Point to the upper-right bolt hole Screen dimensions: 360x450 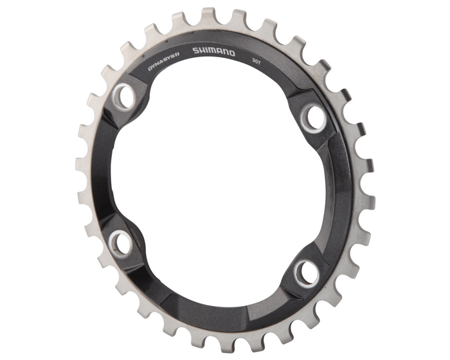[x=314, y=116]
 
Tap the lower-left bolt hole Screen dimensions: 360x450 [x=119, y=242]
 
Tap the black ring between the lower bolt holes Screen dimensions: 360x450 [x=206, y=302]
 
